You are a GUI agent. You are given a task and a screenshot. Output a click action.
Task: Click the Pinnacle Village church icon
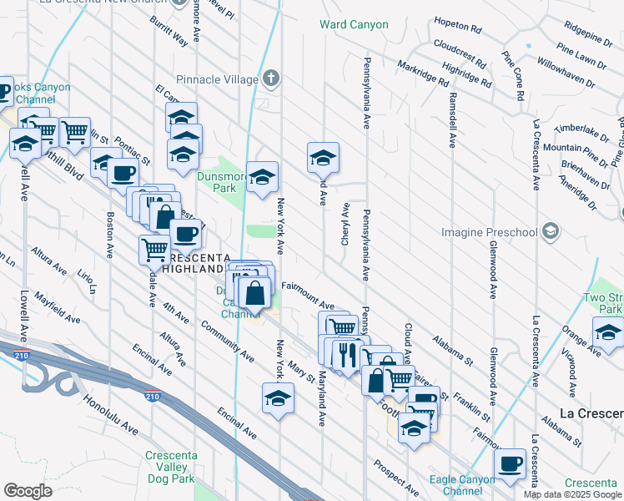coord(269,79)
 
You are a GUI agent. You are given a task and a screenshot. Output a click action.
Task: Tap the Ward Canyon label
coord(354,24)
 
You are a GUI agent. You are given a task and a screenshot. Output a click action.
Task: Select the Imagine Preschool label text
coord(492,230)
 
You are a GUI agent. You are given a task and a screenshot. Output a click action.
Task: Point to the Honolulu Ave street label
coord(110,414)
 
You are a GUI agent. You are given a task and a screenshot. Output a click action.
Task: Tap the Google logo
coord(28,491)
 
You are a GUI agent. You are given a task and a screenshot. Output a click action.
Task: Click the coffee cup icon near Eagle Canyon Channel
coord(510,463)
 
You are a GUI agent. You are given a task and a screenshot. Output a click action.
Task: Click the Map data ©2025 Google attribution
coord(573,494)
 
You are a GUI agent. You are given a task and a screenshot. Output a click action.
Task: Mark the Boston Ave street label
coord(109,234)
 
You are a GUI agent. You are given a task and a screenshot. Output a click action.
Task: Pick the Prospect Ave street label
coord(396,476)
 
